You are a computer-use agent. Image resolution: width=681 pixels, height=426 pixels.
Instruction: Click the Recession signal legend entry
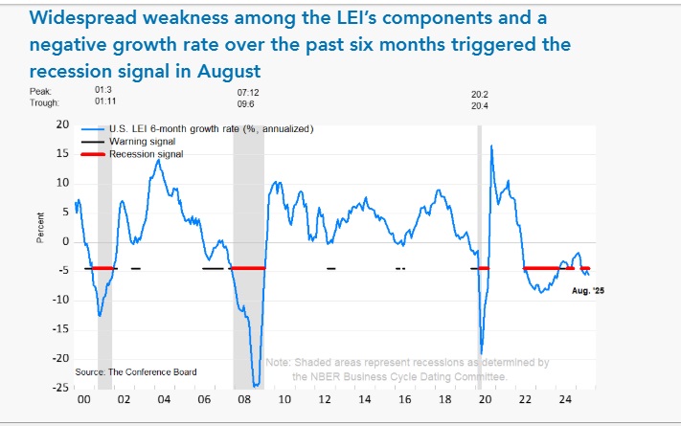(x=146, y=153)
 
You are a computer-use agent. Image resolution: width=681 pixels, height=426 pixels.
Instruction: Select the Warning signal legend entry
(x=141, y=141)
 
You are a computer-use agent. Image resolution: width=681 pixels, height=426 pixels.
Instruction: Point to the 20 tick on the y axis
(x=63, y=124)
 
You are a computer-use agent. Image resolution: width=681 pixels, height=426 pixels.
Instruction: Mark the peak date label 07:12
(x=249, y=92)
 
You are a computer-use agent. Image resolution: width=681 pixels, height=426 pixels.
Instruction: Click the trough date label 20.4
(x=479, y=102)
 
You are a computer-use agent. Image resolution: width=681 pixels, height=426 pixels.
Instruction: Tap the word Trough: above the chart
(x=43, y=102)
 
